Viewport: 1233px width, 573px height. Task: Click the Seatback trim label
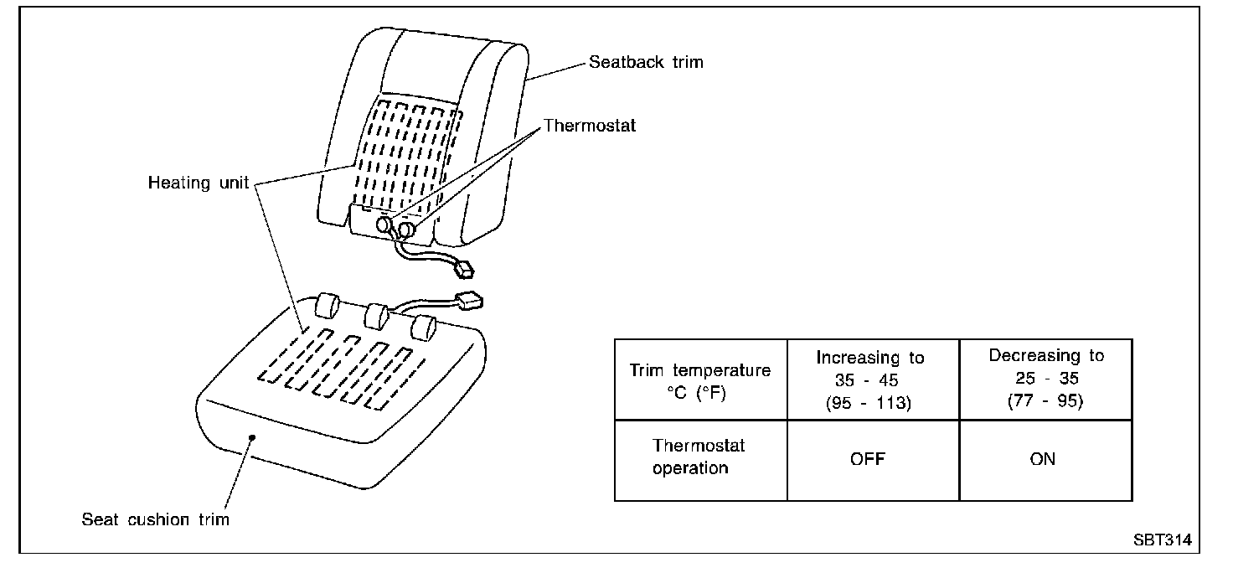(645, 62)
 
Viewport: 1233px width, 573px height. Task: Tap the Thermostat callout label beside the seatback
(590, 126)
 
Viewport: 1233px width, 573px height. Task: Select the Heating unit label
(199, 183)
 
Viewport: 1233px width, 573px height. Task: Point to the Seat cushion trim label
(155, 519)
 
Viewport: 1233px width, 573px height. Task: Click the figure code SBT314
(1162, 540)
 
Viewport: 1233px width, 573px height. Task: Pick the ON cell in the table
(1043, 459)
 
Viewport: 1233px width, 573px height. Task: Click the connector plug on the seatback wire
(463, 270)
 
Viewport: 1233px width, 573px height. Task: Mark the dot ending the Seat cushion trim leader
(252, 436)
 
